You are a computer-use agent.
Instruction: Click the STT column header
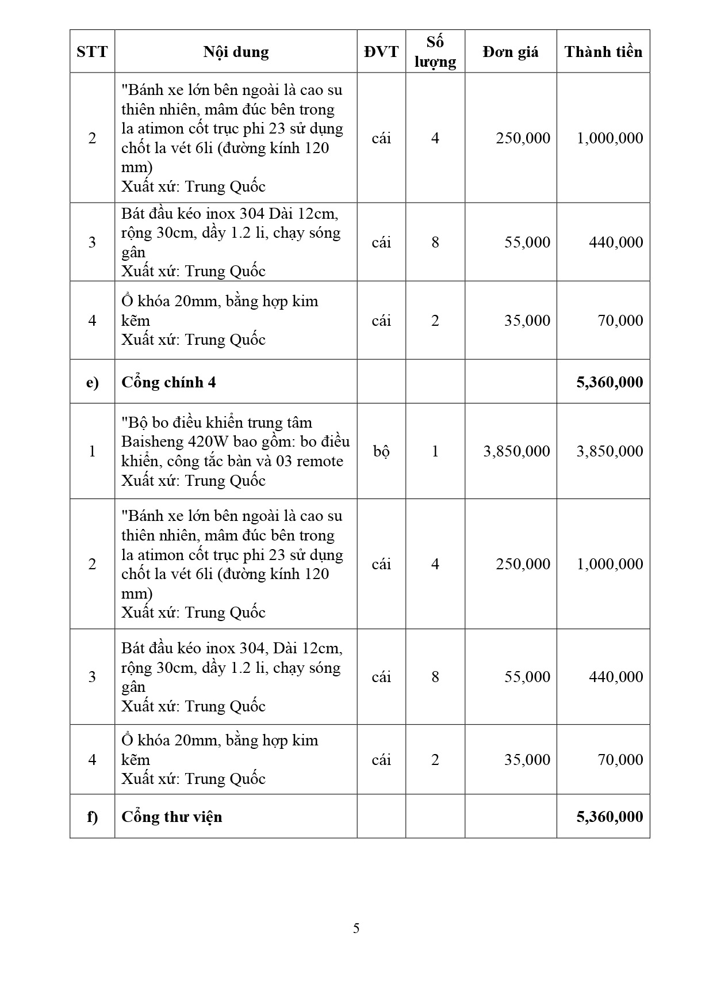pyautogui.click(x=92, y=52)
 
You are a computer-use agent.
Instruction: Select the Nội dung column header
pyautogui.click(x=236, y=52)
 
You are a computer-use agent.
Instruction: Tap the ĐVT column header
pyautogui.click(x=381, y=52)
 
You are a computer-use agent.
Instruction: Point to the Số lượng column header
pyautogui.click(x=435, y=52)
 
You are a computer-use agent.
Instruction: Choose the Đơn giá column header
pyautogui.click(x=511, y=52)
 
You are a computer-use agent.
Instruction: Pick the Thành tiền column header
pyautogui.click(x=603, y=52)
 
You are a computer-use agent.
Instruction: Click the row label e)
pyautogui.click(x=92, y=382)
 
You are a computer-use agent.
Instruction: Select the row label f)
pyautogui.click(x=92, y=817)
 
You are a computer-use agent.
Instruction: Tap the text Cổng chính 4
pyautogui.click(x=168, y=382)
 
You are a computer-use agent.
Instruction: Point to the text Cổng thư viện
pyautogui.click(x=171, y=817)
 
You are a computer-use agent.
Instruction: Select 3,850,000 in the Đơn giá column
pyautogui.click(x=516, y=451)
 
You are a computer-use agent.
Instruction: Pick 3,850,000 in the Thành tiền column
pyautogui.click(x=609, y=451)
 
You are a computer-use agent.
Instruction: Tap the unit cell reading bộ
pyautogui.click(x=381, y=451)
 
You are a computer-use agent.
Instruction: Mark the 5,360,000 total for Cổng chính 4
pyautogui.click(x=609, y=382)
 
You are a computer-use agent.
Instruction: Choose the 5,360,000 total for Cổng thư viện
pyautogui.click(x=609, y=817)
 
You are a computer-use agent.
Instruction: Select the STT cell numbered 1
pyautogui.click(x=92, y=451)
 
